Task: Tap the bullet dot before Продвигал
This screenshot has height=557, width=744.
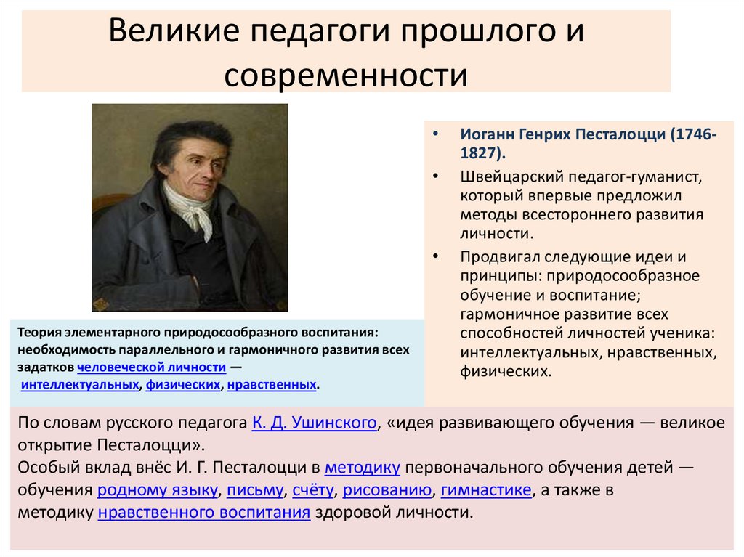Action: tap(434, 256)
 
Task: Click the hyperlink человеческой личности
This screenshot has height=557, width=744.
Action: tap(157, 367)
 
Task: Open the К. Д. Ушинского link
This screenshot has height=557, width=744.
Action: tap(314, 423)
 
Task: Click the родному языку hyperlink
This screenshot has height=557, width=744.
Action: tap(157, 490)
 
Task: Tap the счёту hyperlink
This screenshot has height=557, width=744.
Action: tap(313, 490)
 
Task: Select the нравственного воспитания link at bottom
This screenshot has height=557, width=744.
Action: tap(203, 513)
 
